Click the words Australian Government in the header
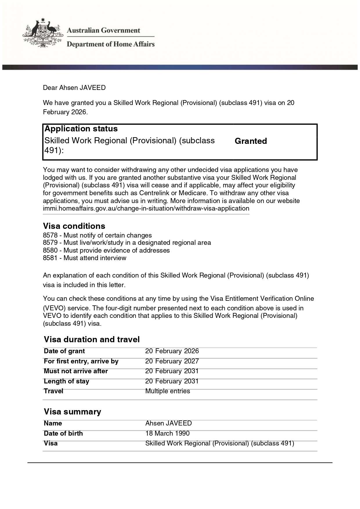103,30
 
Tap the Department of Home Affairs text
111,44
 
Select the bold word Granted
251,141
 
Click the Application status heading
81,129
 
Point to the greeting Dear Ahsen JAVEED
74,88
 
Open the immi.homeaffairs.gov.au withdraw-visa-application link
146,209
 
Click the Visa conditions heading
74,226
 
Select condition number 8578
50,235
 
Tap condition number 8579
50,243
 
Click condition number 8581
50,258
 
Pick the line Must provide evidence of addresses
117,250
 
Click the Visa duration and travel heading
92,339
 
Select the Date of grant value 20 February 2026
172,351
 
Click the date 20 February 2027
172,361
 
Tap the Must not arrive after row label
76,371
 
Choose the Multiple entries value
168,391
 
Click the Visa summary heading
73,412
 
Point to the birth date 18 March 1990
167,434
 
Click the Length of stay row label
66,381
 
